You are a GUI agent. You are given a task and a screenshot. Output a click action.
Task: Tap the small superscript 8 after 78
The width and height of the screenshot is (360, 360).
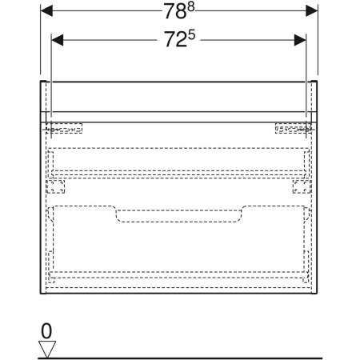(x=190, y=7)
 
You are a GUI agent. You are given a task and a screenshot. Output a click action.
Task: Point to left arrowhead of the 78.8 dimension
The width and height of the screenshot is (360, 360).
(x=47, y=11)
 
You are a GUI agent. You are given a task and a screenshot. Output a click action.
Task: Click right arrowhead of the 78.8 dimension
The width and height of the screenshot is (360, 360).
(x=311, y=11)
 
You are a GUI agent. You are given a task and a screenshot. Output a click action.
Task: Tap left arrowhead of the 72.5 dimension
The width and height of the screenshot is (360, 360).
(x=58, y=39)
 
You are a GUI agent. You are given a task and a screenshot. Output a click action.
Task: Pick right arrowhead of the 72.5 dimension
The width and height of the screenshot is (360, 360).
(x=300, y=39)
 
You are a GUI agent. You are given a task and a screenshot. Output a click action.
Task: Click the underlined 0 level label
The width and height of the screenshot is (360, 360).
(x=46, y=330)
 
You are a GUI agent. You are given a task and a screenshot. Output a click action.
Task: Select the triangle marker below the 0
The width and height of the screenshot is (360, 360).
(x=47, y=348)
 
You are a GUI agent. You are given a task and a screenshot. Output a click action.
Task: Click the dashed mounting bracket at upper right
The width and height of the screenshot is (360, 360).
(x=294, y=128)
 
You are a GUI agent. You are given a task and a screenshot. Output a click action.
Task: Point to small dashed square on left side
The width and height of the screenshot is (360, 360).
(x=56, y=186)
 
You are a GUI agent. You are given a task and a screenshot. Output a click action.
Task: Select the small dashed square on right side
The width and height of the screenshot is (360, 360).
(x=302, y=186)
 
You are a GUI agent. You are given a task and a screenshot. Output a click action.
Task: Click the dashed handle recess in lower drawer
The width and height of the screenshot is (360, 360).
(x=179, y=214)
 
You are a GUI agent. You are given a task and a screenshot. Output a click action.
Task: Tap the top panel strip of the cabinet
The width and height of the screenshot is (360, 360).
(x=179, y=100)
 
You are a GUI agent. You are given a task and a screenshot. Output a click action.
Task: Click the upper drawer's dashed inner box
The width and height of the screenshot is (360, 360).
(x=179, y=160)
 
